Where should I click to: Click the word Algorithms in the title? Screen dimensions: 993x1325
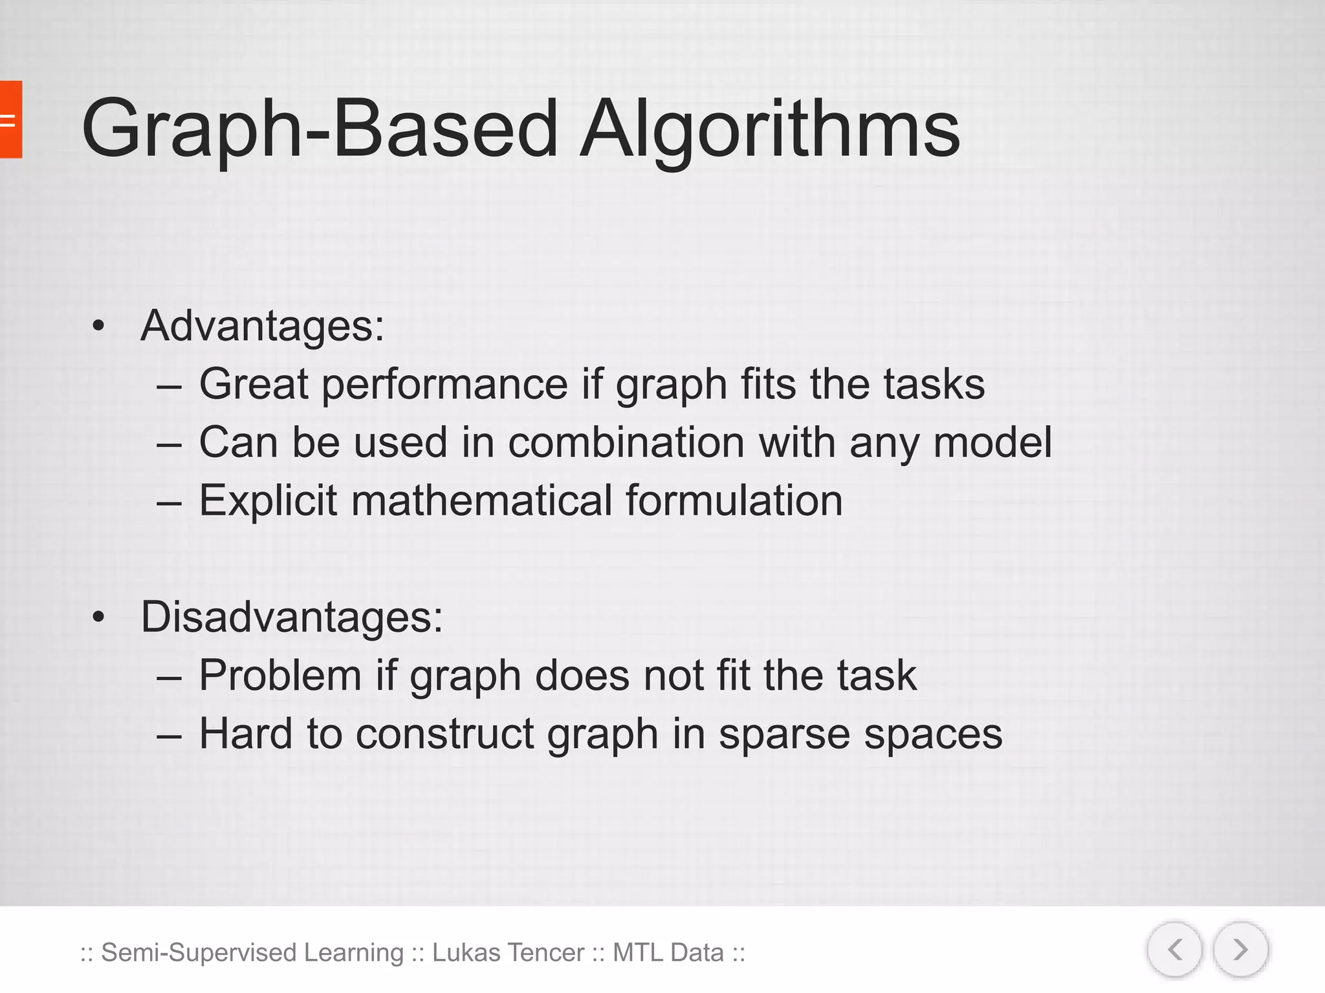point(769,129)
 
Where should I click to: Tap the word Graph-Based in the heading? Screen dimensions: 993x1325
point(320,129)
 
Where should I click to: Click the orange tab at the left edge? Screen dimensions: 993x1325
point(10,120)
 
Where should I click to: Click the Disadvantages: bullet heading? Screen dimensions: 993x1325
point(292,617)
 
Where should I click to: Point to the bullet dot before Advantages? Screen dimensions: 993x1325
point(98,326)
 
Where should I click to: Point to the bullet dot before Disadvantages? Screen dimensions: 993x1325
point(98,618)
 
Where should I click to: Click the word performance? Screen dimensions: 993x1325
point(444,385)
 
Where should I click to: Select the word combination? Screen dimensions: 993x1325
point(626,443)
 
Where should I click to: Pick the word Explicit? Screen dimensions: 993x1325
point(268,501)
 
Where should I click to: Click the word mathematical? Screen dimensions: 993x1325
point(481,501)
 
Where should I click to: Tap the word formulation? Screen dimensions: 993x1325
point(734,501)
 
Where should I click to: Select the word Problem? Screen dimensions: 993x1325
point(279,676)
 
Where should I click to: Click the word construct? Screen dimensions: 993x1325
point(444,734)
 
